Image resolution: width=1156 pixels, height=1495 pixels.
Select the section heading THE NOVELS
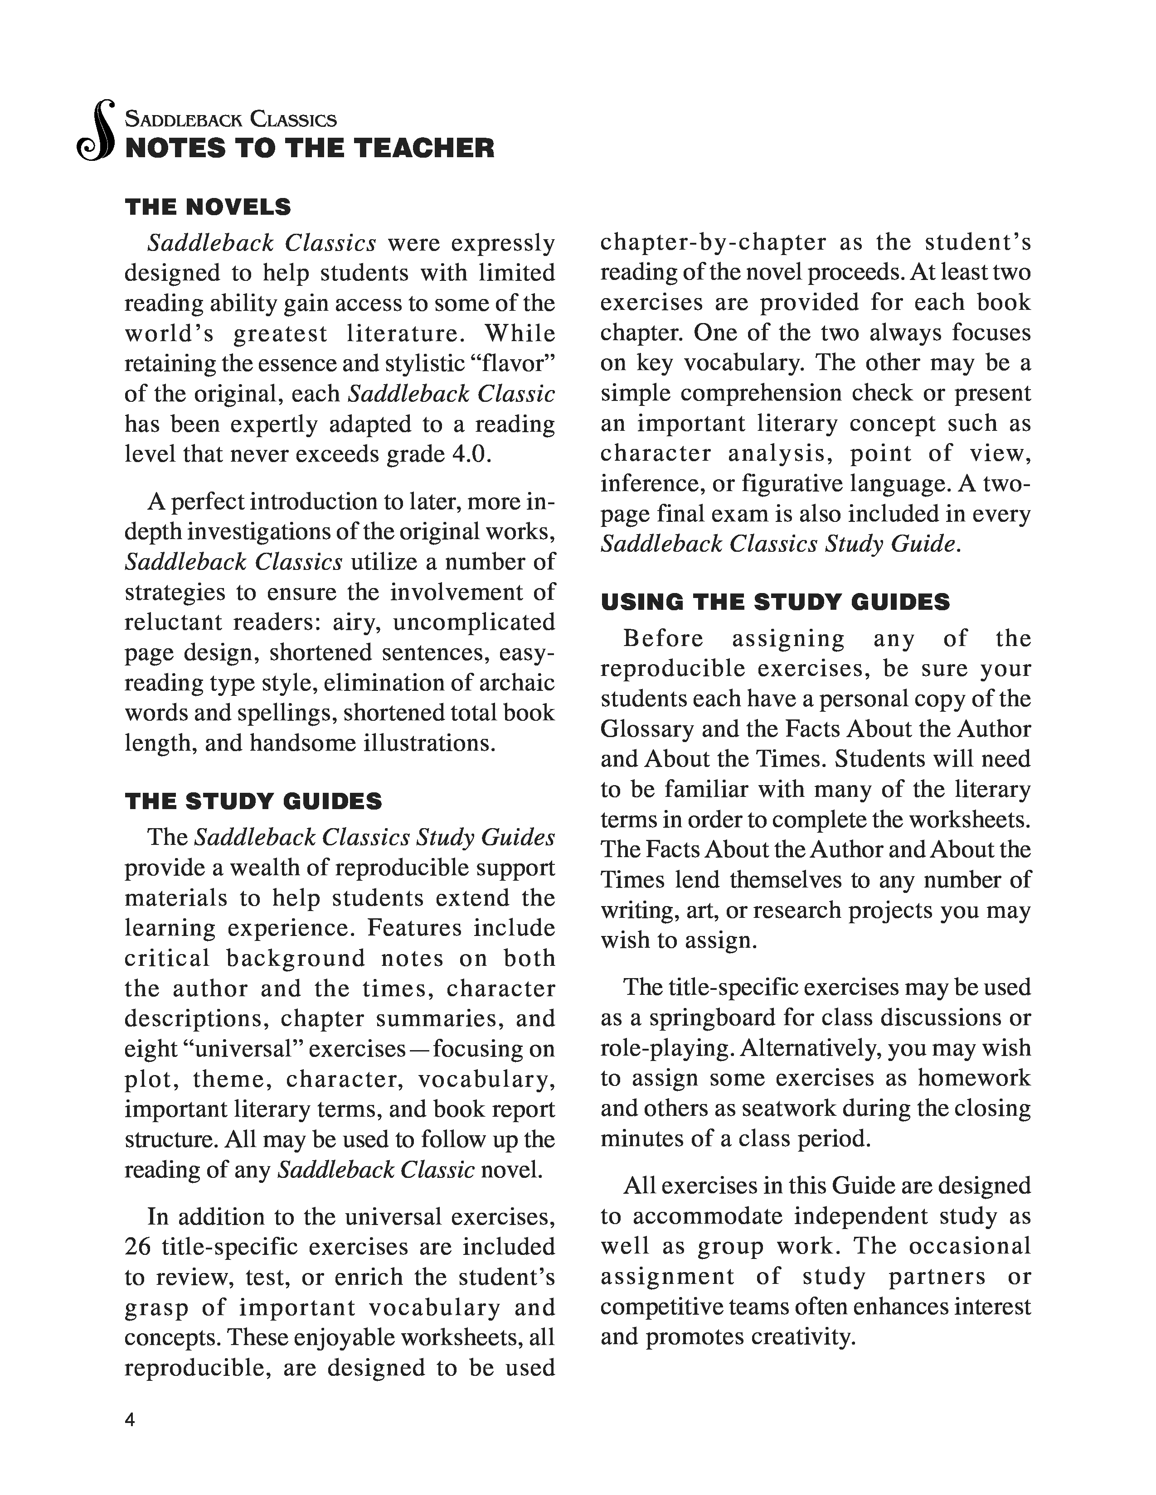click(x=208, y=207)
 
